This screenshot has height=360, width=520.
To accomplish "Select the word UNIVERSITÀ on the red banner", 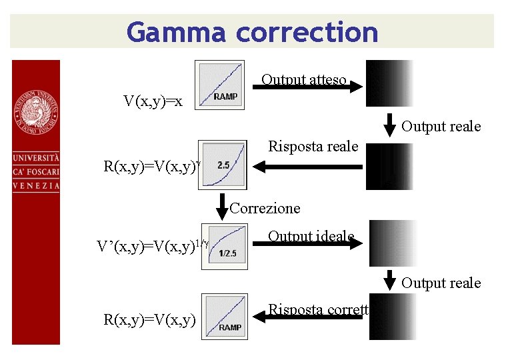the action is (x=35, y=159).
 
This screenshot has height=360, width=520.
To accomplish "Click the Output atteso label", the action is (x=303, y=79).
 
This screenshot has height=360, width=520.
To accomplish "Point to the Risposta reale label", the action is (x=313, y=146).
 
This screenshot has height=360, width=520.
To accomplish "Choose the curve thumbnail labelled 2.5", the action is (x=222, y=164).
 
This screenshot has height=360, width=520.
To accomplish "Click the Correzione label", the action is (x=265, y=208).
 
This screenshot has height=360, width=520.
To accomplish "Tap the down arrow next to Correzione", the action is (x=223, y=203).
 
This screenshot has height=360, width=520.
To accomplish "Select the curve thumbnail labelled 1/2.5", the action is (x=225, y=246).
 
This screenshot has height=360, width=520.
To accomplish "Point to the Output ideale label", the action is (x=310, y=236).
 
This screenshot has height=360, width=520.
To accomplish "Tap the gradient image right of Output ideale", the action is (x=393, y=243).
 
